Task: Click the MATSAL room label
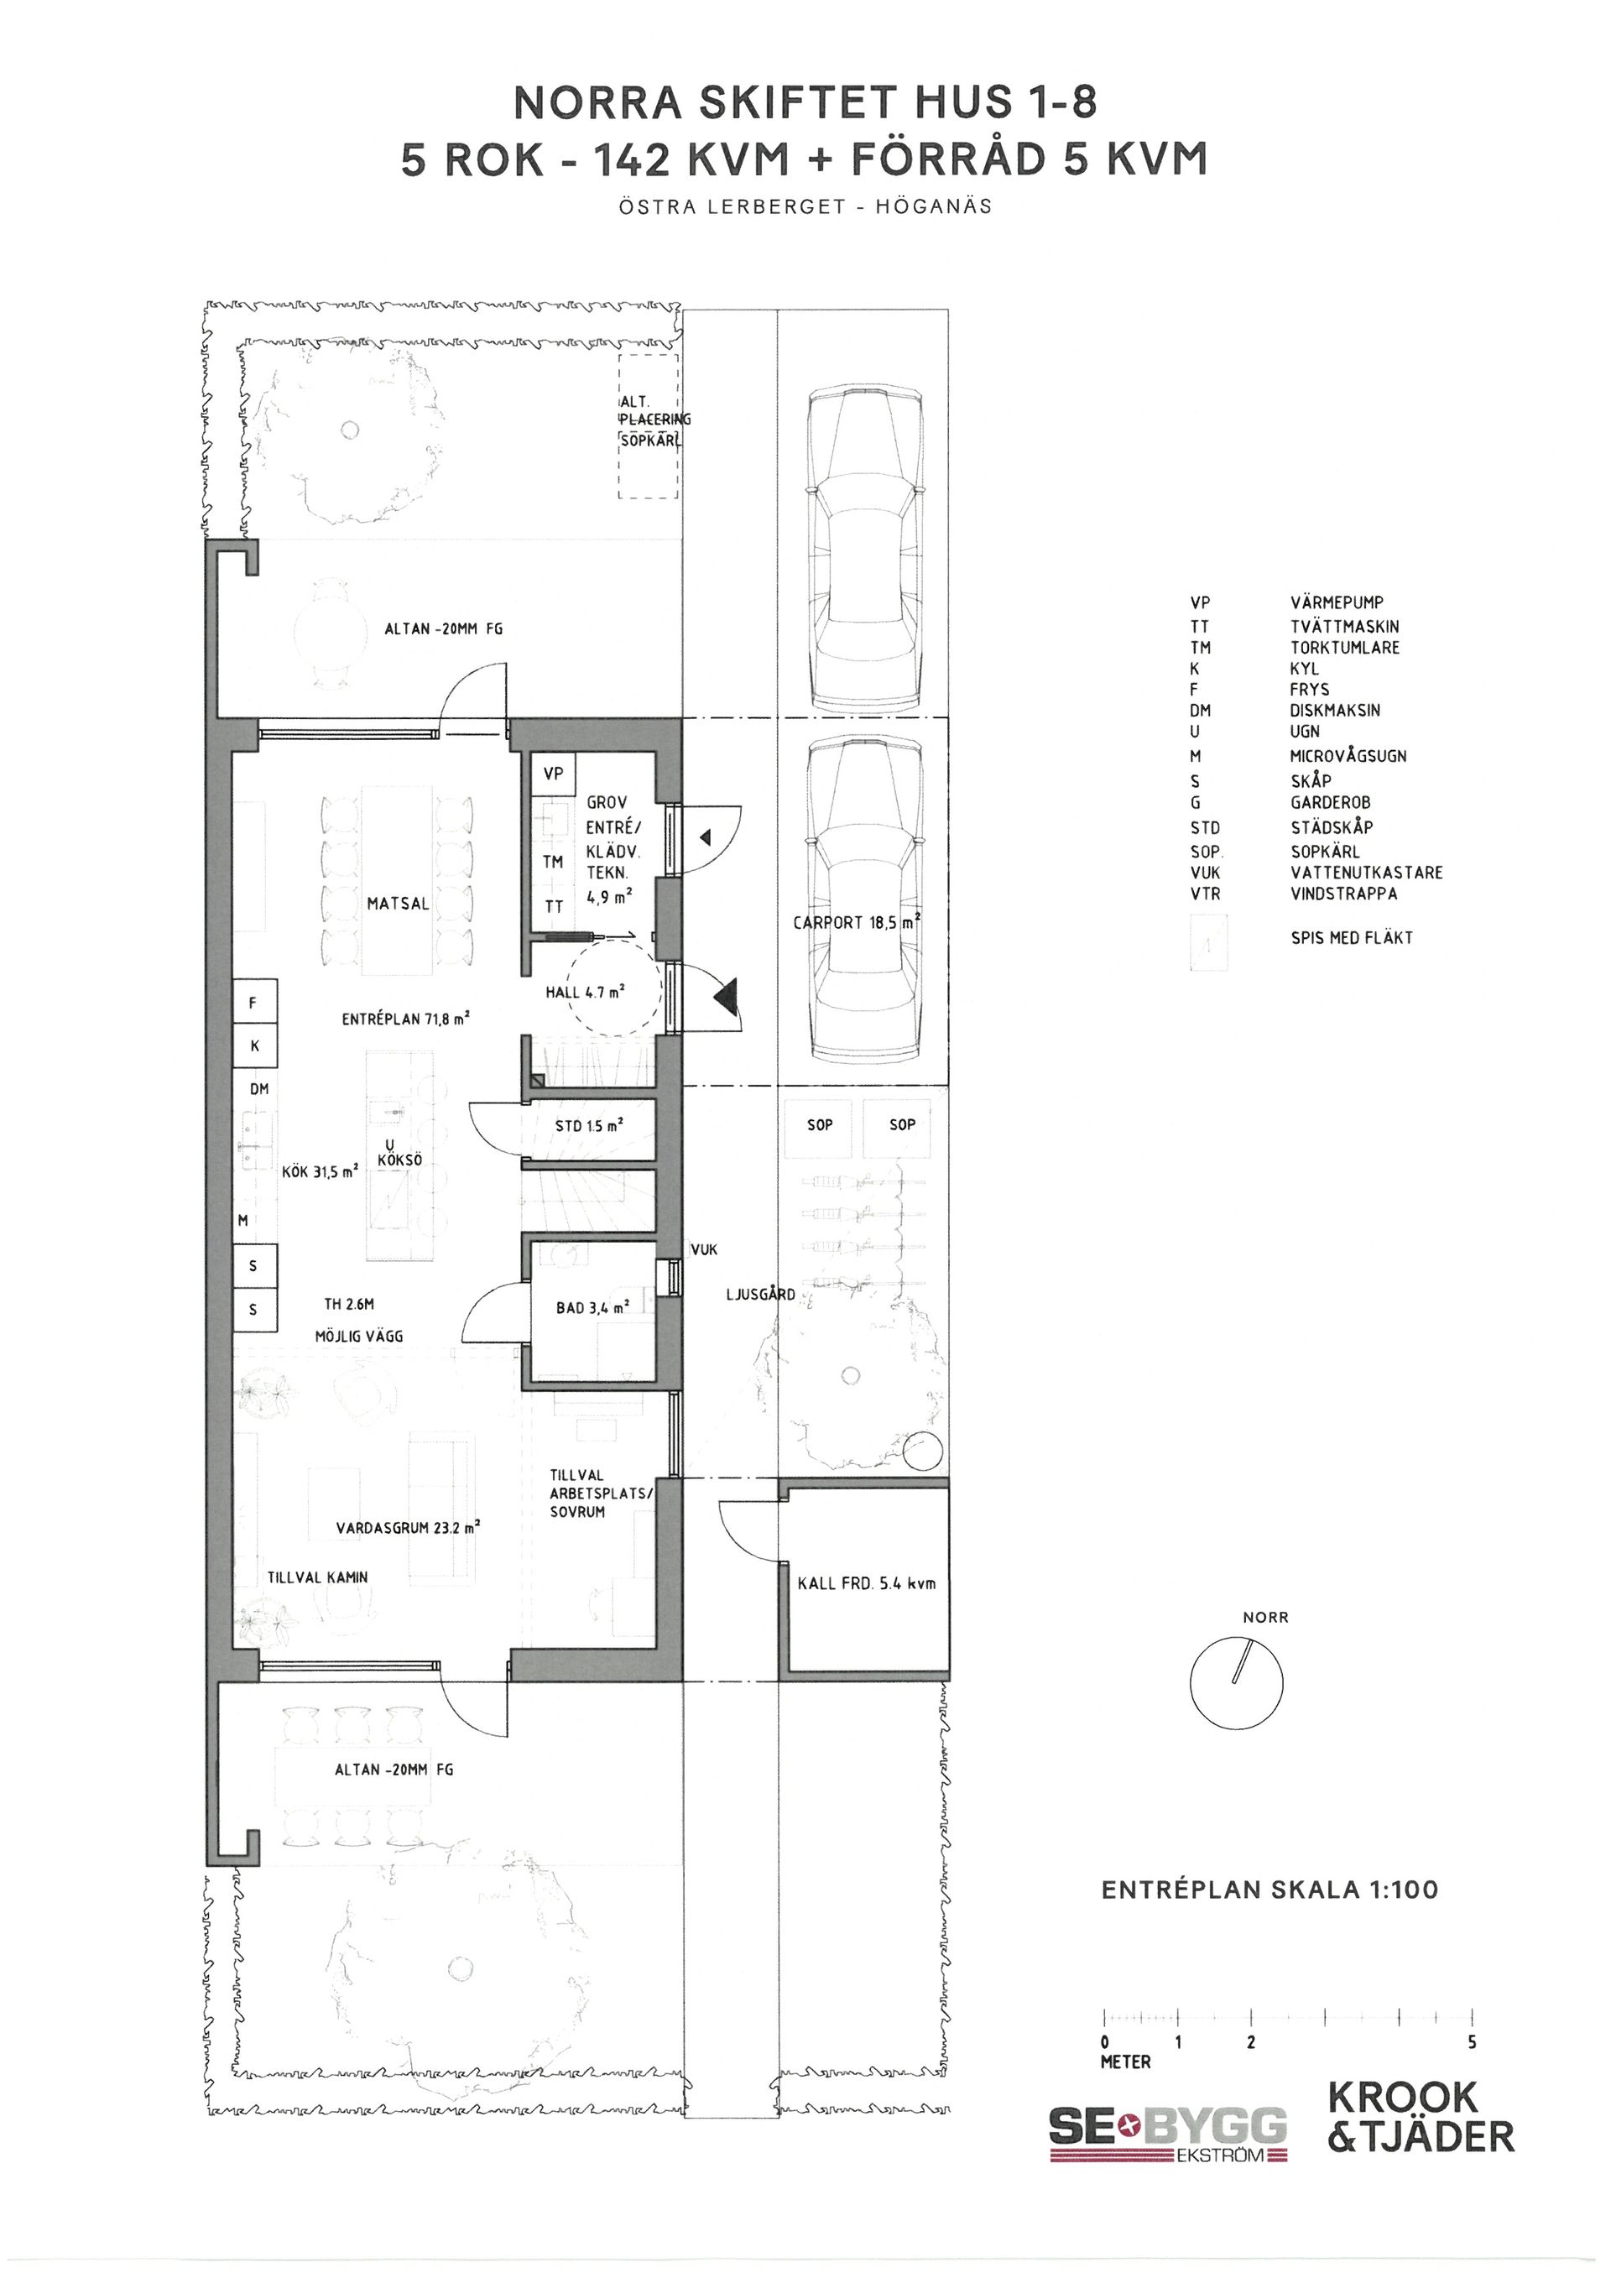tap(398, 904)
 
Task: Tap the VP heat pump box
tap(554, 773)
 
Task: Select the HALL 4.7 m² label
tap(586, 991)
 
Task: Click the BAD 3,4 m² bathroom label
tap(592, 1308)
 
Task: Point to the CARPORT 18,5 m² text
tap(857, 922)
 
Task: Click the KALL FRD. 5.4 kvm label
tap(866, 1582)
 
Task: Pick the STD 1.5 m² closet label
tap(589, 1125)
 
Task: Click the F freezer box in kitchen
tap(254, 1003)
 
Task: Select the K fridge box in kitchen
tap(254, 1045)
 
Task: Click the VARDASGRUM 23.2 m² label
tap(408, 1528)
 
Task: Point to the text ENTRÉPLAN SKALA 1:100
tap(1270, 1889)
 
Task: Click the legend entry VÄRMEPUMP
tap(1337, 602)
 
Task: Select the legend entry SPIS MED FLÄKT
tap(1351, 936)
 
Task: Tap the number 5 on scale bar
tap(1472, 2042)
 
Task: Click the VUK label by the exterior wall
tap(703, 1250)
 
